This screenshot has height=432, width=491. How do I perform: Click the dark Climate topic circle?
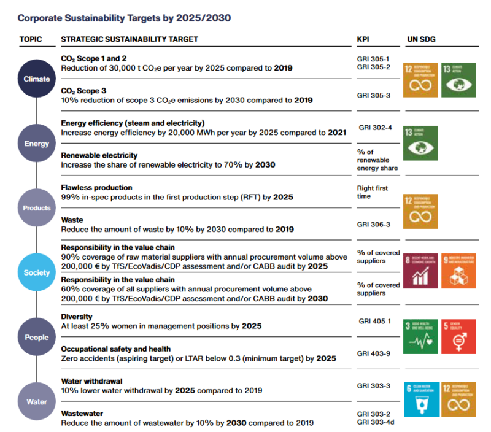point(37,79)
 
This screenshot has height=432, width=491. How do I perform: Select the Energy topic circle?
point(37,144)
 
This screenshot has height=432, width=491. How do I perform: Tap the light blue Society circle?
point(37,272)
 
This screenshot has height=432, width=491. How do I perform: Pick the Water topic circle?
point(37,402)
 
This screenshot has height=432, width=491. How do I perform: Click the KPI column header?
point(363,39)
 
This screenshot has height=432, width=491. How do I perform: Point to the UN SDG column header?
point(421,39)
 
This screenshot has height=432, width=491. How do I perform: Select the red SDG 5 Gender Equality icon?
point(457,337)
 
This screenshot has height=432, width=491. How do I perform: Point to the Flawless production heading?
point(96,188)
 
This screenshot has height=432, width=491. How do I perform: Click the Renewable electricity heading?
point(99,155)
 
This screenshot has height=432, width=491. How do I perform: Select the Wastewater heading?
point(82,413)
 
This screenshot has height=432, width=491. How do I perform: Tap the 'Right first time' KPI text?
point(372,192)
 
